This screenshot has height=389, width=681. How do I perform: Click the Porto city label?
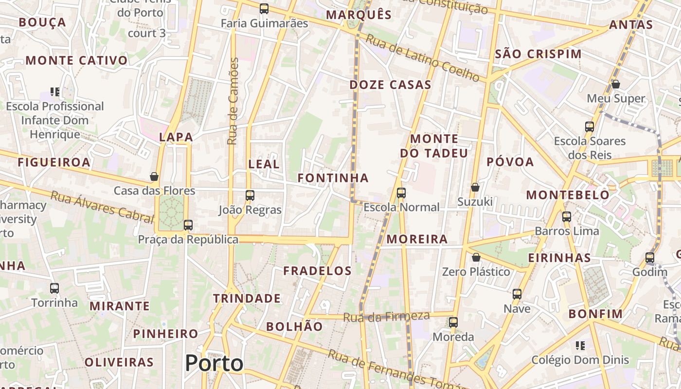pyautogui.click(x=214, y=363)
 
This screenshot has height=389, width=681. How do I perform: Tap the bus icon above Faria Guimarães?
pyautogui.click(x=264, y=8)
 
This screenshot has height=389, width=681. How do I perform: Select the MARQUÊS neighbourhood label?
pyautogui.click(x=358, y=15)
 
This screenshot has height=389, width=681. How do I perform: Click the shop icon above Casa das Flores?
pyautogui.click(x=154, y=176)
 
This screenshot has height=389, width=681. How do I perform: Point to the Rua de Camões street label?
pyautogui.click(x=233, y=101)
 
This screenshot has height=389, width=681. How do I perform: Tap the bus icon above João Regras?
pyautogui.click(x=250, y=195)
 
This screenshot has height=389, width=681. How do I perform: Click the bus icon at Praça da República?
pyautogui.click(x=188, y=225)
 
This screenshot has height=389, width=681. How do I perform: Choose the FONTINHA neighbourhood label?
pyautogui.click(x=333, y=178)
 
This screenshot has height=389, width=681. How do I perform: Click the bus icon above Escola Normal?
pyautogui.click(x=401, y=193)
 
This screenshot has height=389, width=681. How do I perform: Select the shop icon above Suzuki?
pyautogui.click(x=475, y=187)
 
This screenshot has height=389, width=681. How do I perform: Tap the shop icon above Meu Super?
pyautogui.click(x=616, y=84)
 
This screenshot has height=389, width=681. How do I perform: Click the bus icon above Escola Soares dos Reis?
pyautogui.click(x=590, y=127)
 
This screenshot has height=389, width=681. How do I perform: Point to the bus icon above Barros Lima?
pyautogui.click(x=567, y=217)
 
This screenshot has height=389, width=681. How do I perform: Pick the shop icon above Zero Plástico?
pyautogui.click(x=476, y=257)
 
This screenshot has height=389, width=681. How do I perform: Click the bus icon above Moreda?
pyautogui.click(x=453, y=322)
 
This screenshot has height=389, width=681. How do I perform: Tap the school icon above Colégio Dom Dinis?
pyautogui.click(x=580, y=346)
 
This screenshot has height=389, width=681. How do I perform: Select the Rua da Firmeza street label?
pyautogui.click(x=386, y=317)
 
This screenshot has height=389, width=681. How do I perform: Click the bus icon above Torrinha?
pyautogui.click(x=54, y=288)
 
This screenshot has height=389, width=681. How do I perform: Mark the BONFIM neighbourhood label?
pyautogui.click(x=595, y=314)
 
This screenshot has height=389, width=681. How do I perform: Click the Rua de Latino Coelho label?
pyautogui.click(x=422, y=58)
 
